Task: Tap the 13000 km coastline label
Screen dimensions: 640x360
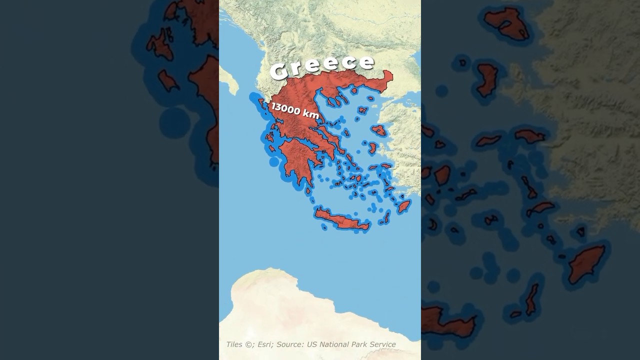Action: tap(295, 110)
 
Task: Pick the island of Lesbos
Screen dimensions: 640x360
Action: tap(379, 130)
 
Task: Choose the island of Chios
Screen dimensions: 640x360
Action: tap(372, 148)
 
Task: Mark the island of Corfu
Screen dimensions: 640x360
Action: tap(261, 102)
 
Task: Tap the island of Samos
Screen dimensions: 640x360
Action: tap(385, 165)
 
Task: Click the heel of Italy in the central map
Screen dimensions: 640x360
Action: tap(229, 80)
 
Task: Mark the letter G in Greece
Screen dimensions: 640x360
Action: tap(280, 71)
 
